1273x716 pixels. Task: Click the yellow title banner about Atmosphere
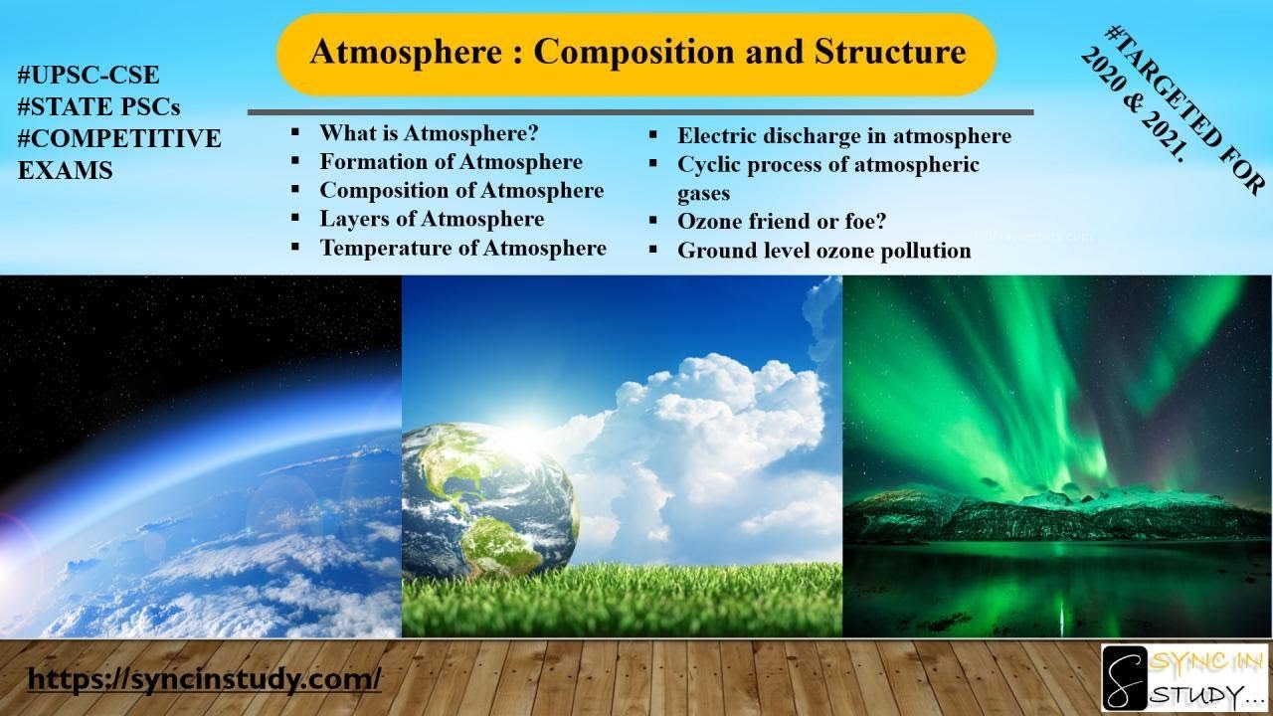636,54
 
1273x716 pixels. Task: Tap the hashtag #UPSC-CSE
89,75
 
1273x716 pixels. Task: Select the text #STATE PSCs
99,106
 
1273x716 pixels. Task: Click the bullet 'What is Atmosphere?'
428,132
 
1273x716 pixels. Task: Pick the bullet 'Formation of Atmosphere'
451,161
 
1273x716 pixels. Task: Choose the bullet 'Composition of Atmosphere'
461,190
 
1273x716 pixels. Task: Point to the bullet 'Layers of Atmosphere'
432,219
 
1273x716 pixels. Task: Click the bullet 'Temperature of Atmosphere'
462,248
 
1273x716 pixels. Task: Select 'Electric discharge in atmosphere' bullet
843,136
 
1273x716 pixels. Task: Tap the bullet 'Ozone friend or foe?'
782,222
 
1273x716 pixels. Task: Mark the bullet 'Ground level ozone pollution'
823,251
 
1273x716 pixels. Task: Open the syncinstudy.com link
204,679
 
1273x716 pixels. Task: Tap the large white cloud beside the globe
716,447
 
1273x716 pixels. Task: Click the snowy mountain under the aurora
1054,512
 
